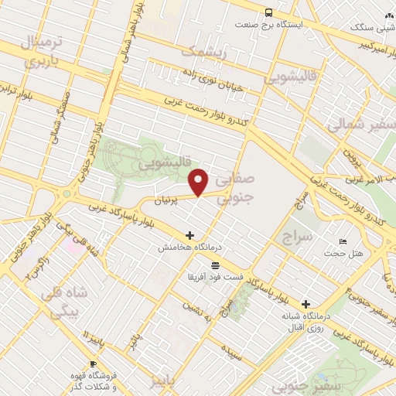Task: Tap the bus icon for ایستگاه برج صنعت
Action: [x=268, y=12]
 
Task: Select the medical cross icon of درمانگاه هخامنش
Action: [x=189, y=235]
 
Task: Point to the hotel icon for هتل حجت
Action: [x=344, y=242]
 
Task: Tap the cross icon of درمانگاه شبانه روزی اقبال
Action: [x=307, y=304]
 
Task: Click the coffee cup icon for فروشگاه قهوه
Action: [x=93, y=364]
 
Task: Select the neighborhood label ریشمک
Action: [x=203, y=52]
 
